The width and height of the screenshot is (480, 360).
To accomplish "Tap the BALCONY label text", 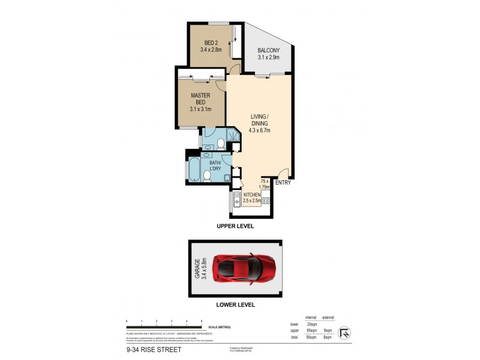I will [x=269, y=54].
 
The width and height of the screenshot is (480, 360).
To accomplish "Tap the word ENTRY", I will [x=283, y=183].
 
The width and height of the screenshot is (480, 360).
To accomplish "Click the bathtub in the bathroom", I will [x=194, y=170].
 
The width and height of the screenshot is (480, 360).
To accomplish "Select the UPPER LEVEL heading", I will [x=236, y=226].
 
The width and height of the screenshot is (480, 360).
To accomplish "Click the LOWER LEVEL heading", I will [x=236, y=305].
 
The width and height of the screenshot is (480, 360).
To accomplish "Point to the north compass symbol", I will [x=346, y=331].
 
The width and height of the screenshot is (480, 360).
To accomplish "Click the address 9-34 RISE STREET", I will [x=154, y=349].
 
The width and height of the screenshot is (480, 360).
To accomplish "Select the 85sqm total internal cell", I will [x=311, y=337].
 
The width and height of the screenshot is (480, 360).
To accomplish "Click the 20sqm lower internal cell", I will [x=311, y=323].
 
